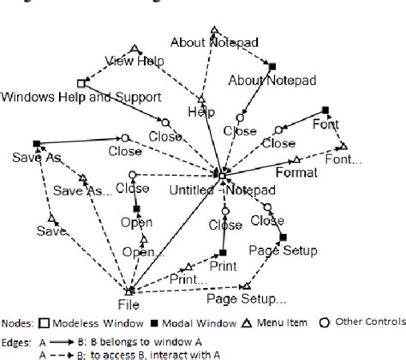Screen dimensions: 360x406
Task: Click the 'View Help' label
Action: point(134,61)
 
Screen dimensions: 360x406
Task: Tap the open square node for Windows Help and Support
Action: point(81,83)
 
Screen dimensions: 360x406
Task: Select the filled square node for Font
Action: point(325,110)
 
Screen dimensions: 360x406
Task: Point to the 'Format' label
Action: point(297,171)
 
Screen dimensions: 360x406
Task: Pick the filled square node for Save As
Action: point(36,144)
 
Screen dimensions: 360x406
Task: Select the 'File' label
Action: point(128,303)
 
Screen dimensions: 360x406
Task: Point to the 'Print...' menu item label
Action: point(188,279)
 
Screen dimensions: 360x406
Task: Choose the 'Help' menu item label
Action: point(201,111)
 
